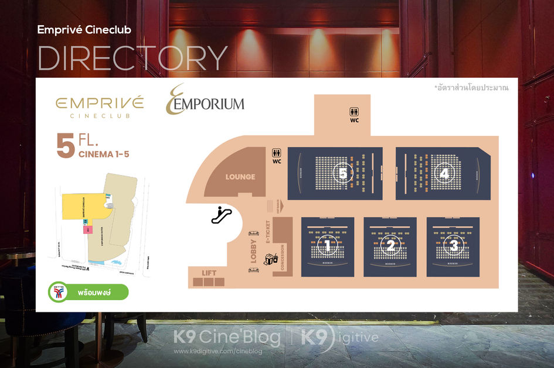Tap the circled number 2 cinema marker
coord(390,247)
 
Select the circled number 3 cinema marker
coord(453,247)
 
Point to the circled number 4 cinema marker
coord(444,173)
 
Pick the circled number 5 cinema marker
coord(343,173)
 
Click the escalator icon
coord(222,215)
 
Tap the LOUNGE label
coord(240,177)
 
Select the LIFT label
coord(209,273)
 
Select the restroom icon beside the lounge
coord(277,153)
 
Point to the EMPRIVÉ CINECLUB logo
coord(100,106)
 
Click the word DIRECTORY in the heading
coord(132,57)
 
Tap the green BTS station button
coord(88,291)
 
